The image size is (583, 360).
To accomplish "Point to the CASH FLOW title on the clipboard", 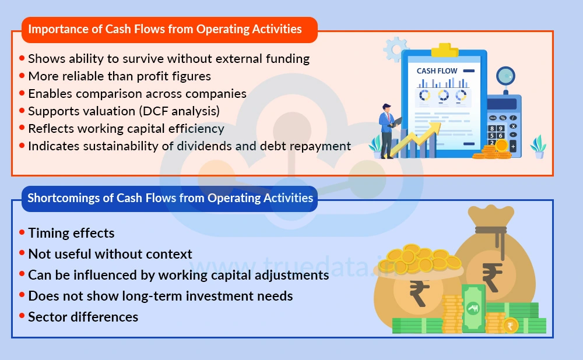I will point(437,71).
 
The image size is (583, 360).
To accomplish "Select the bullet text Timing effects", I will point(71,234).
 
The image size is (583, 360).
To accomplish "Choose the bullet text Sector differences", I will point(83,317).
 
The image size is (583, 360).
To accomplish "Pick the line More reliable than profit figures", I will point(120,76).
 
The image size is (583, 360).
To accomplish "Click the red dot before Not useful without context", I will point(22,254).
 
